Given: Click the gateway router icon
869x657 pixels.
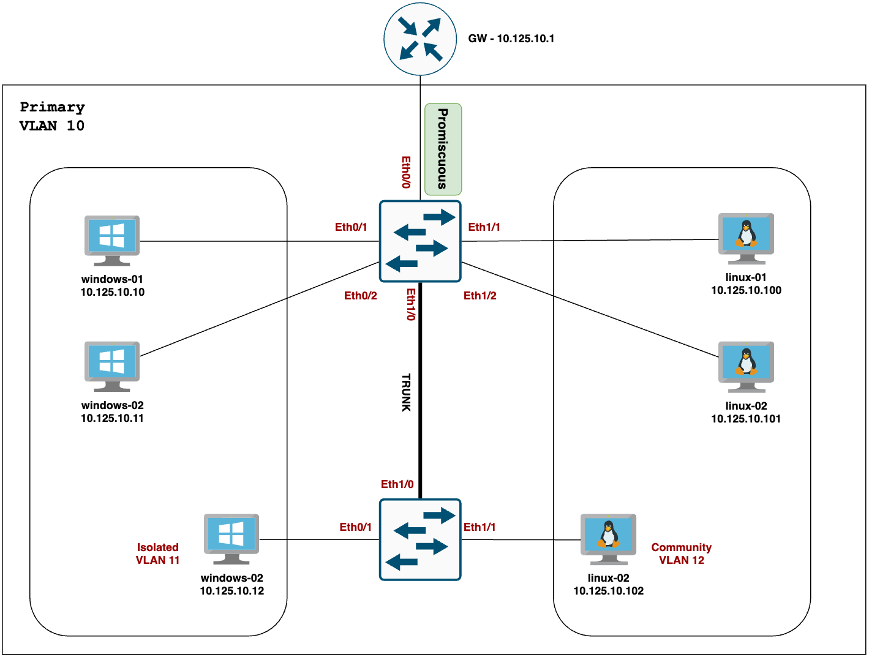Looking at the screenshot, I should (420, 39).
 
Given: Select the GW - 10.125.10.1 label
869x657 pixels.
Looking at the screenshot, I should (511, 39).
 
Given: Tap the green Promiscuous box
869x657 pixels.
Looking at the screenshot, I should (443, 149).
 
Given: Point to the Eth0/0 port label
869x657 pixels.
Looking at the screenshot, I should (406, 171).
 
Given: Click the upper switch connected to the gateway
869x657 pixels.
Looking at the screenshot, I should (420, 241).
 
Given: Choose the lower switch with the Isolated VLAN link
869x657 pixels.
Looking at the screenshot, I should (420, 539).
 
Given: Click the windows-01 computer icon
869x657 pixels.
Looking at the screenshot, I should (112, 240).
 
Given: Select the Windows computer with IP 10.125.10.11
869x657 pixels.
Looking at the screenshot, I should (112, 366).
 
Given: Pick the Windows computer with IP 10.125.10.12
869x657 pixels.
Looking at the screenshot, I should (231, 539).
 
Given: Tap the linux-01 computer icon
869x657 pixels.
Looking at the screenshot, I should (746, 238).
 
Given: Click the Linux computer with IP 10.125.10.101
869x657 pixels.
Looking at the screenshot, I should (746, 366).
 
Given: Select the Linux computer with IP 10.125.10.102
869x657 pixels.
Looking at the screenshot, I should (608, 539).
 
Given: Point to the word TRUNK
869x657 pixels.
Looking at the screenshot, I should (406, 392).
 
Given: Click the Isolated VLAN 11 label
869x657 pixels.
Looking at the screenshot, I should (157, 554).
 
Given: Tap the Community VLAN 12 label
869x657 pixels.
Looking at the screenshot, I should (681, 554).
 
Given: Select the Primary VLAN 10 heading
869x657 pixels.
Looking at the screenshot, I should (52, 116).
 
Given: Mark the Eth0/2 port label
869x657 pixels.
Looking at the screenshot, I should (360, 296).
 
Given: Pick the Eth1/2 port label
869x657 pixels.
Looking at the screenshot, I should (480, 296).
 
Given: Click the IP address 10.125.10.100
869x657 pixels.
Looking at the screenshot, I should (746, 290).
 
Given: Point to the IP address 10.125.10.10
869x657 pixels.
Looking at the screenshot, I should (112, 292).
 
